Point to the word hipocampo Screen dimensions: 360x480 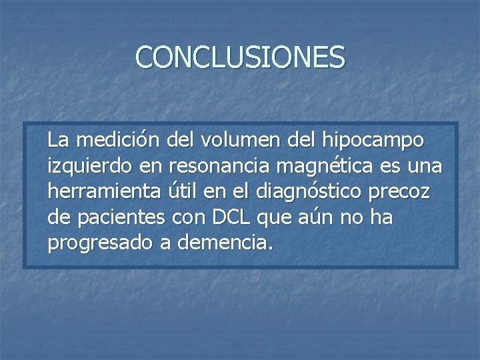(373, 142)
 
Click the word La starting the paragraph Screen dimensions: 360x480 (58, 141)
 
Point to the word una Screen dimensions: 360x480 (426, 166)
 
